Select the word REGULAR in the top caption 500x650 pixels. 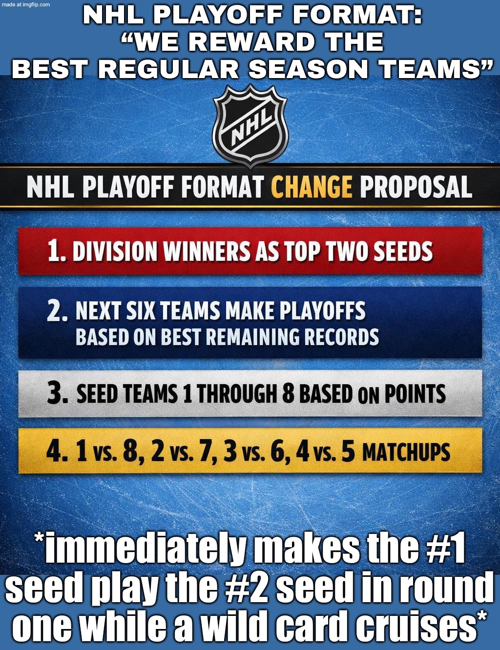pos(169,69)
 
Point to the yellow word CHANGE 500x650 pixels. pos(312,187)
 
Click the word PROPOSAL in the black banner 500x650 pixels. pos(416,187)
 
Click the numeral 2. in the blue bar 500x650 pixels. pos(57,311)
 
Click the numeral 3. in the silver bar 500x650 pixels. pos(57,394)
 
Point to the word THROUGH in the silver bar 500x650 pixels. pos(237,394)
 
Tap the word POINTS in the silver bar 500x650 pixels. pos(415,394)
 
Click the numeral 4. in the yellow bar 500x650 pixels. pos(57,451)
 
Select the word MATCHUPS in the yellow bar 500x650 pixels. pos(406,452)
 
